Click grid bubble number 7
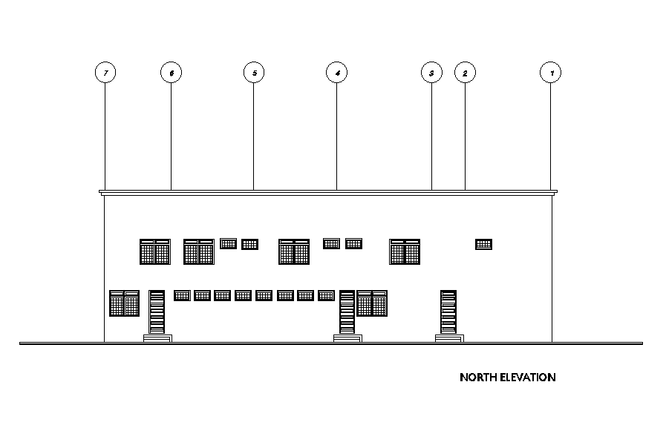pyautogui.click(x=106, y=73)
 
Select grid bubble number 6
pyautogui.click(x=172, y=73)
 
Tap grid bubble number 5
pyautogui.click(x=254, y=73)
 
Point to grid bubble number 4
pyautogui.click(x=337, y=73)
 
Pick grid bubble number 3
pyautogui.click(x=431, y=73)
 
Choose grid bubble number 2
pyautogui.click(x=465, y=73)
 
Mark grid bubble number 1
pyautogui.click(x=551, y=73)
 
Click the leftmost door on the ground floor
pyautogui.click(x=157, y=312)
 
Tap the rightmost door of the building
pyautogui.click(x=448, y=312)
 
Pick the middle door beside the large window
pyautogui.click(x=347, y=312)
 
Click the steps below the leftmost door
pyautogui.click(x=157, y=338)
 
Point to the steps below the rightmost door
pyautogui.click(x=449, y=338)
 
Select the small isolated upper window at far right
pyautogui.click(x=483, y=244)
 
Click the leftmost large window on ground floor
pyautogui.click(x=125, y=303)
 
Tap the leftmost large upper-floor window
pyautogui.click(x=155, y=251)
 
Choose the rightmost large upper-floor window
pyautogui.click(x=405, y=251)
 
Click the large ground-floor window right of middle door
pyautogui.click(x=372, y=303)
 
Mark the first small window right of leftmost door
pyautogui.click(x=182, y=295)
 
